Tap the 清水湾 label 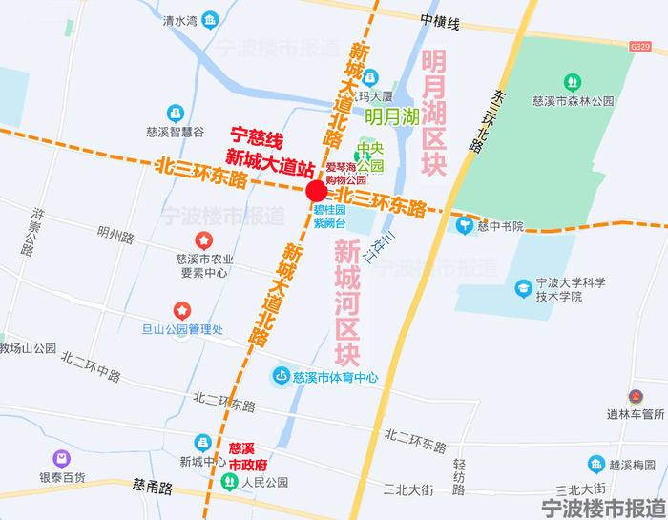179,20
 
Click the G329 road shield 640,46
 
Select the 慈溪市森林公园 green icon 573,83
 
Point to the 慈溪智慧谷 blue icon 175,114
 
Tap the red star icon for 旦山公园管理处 181,310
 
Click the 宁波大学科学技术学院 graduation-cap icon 523,287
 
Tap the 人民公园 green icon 229,482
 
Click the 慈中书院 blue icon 465,226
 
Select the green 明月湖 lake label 391,117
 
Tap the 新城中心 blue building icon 203,443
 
